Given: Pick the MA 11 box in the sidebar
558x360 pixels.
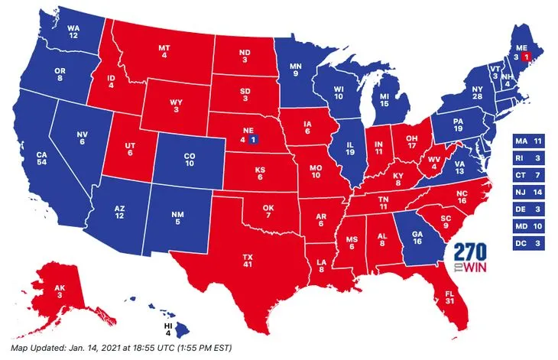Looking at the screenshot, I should coord(527,141).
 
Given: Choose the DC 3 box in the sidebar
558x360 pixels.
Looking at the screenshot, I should coord(527,242).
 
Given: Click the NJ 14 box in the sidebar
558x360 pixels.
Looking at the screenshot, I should coord(527,192).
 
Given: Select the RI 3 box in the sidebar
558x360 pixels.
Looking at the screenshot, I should coord(527,158).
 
